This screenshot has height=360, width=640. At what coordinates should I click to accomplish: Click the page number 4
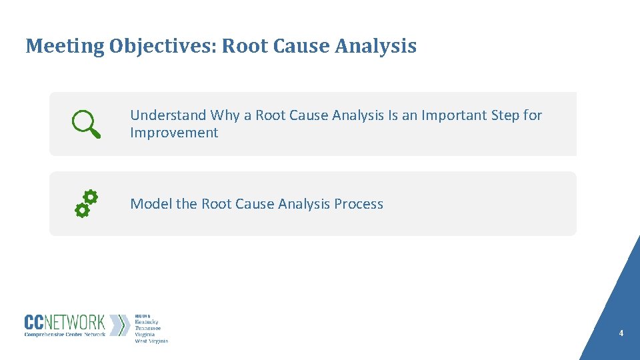click(621, 333)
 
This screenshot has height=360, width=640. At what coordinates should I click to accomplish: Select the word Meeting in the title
click(65, 46)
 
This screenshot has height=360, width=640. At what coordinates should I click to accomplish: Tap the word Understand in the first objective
click(168, 115)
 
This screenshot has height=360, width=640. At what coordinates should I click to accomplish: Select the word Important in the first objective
click(453, 115)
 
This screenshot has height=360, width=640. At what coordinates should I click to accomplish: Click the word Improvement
click(174, 133)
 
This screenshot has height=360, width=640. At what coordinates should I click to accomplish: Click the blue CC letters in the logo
click(35, 323)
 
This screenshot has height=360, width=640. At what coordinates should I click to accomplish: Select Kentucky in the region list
click(147, 322)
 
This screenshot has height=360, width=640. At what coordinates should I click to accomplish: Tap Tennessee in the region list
click(148, 328)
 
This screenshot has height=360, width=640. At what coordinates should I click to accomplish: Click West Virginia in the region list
click(151, 341)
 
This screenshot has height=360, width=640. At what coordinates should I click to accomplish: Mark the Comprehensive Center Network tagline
click(65, 335)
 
